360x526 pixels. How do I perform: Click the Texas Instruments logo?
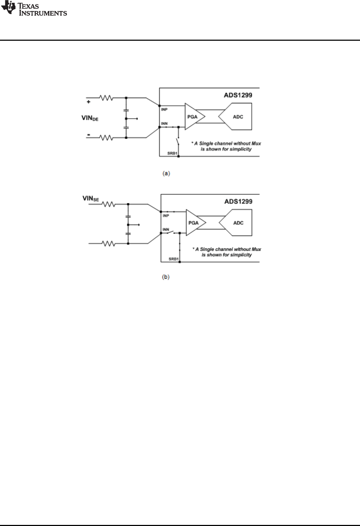click(x=34, y=9)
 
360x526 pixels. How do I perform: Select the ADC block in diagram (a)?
click(x=235, y=116)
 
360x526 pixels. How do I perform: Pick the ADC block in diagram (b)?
click(x=236, y=223)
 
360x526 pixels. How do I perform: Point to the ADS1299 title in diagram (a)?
click(x=238, y=95)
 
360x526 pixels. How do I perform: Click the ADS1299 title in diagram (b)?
click(x=239, y=202)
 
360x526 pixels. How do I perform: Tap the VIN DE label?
click(x=90, y=118)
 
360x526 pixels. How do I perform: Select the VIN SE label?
click(x=91, y=199)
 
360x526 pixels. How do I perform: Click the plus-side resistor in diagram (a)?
click(x=106, y=98)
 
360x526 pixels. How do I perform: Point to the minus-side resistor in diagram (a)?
click(x=106, y=138)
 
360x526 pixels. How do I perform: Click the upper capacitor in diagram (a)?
click(x=126, y=110)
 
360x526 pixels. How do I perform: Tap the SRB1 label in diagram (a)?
click(x=172, y=153)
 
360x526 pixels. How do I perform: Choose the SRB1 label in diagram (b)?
click(x=174, y=259)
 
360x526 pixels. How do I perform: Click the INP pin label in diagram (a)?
click(x=164, y=110)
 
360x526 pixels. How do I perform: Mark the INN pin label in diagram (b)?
click(x=166, y=229)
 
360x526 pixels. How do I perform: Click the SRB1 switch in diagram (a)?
click(x=178, y=142)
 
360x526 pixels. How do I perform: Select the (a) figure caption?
click(x=166, y=174)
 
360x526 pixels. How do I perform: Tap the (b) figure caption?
click(x=166, y=277)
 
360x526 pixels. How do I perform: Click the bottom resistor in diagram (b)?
click(x=108, y=244)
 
